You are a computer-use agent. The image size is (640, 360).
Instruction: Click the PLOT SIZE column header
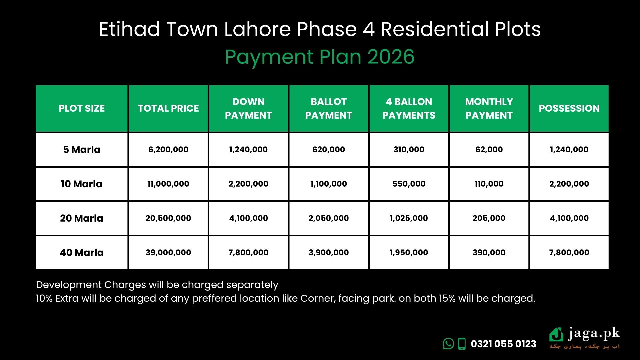pos(82,108)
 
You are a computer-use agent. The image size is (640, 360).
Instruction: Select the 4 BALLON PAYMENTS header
pos(409,108)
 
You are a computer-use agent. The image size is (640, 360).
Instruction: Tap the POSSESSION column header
pos(569,108)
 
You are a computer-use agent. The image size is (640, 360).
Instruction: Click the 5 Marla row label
pos(82,150)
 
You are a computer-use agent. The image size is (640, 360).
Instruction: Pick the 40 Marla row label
pos(82,253)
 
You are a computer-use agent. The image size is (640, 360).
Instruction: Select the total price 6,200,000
pos(168,150)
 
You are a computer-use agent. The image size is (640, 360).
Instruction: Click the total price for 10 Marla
pos(168,184)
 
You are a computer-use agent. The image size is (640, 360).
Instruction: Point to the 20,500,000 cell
pos(168,218)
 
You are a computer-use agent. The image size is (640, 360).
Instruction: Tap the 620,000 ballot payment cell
pos(329,150)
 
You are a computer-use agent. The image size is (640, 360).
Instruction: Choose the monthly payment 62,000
pos(489,150)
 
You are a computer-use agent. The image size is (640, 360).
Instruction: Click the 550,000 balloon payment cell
pos(409,184)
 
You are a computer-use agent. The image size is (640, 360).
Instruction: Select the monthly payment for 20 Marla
pos(489,218)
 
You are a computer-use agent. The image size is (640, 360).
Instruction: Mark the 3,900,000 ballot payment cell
pos(329,253)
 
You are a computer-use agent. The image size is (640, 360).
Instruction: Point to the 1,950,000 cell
pos(409,253)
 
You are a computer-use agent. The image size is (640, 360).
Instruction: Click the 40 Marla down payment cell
pos(248,253)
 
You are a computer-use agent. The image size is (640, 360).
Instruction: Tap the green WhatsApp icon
pos(448,344)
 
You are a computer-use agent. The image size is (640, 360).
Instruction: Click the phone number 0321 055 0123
pos(503,344)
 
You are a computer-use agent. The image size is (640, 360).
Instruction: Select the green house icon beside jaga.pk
pos(556,335)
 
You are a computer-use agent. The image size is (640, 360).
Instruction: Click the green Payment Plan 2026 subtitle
pos(320,57)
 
